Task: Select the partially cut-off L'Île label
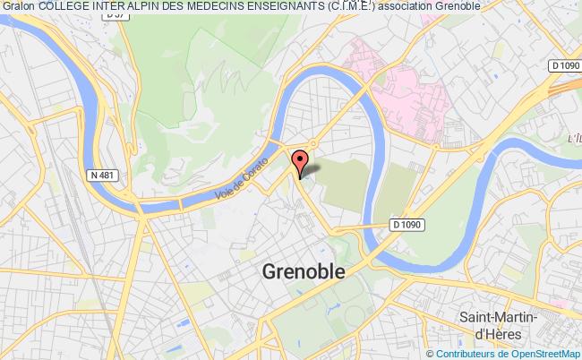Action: point(574,138)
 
